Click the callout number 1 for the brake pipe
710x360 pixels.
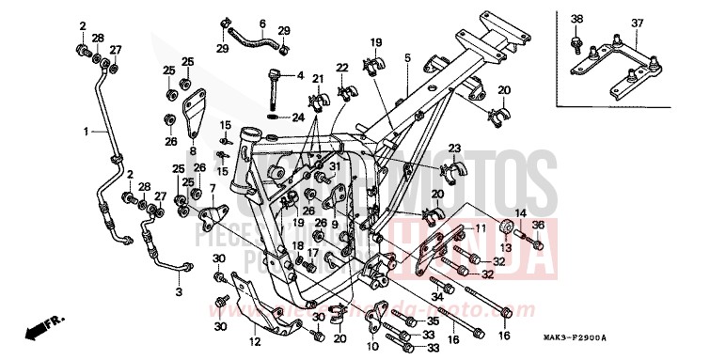pos(86,131)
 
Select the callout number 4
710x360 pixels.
pos(301,74)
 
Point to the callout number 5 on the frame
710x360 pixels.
pos(408,58)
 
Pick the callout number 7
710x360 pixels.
pos(213,188)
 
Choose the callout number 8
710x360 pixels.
pos(192,149)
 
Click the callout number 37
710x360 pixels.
pos(638,22)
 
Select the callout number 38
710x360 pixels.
pos(577,19)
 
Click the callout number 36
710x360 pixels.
pos(539,224)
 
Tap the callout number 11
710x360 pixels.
pos(479,228)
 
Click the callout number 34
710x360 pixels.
pos(438,296)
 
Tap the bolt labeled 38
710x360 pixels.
pos(576,42)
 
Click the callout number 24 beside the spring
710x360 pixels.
pos(298,117)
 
